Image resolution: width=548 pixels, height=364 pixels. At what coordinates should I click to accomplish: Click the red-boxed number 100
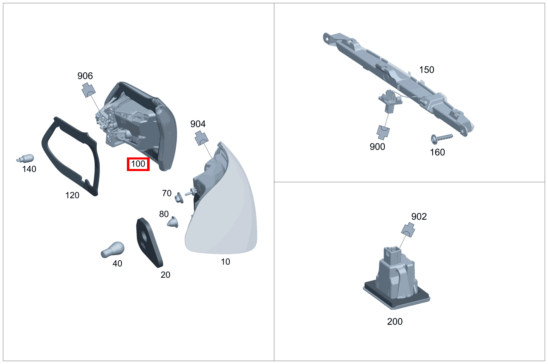coord(138,164)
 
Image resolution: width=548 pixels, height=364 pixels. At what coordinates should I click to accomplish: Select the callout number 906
coord(85,76)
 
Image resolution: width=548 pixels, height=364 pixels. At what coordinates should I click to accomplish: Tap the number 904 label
coord(198,124)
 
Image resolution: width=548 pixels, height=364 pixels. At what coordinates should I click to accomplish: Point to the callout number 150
coord(426,70)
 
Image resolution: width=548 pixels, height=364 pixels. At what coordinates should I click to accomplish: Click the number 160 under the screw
coord(437,152)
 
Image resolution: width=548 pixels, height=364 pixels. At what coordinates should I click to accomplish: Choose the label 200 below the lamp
coord(395,321)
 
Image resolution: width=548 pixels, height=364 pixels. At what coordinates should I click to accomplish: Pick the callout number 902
coord(419,216)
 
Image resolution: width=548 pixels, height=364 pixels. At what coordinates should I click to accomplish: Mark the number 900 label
coord(377,147)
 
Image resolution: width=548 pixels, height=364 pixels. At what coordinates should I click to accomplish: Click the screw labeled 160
coord(441,138)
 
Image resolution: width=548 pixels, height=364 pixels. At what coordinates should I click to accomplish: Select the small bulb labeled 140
coord(26,158)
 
